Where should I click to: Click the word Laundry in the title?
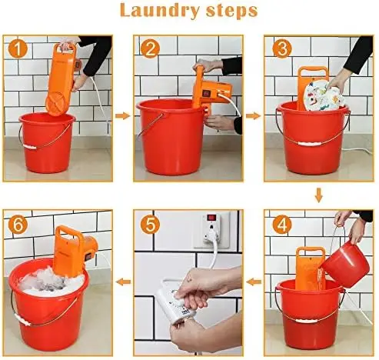click(x=159, y=11)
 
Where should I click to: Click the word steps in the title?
click(x=231, y=11)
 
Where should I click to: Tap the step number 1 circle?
click(x=18, y=48)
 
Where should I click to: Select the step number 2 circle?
click(x=150, y=48)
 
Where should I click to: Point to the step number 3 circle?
click(x=282, y=48)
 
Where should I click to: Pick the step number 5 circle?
click(x=150, y=225)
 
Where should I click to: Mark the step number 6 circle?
click(x=18, y=225)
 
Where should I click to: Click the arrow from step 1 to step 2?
click(x=123, y=115)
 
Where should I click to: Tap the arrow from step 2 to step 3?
click(x=253, y=116)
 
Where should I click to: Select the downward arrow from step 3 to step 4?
click(x=318, y=195)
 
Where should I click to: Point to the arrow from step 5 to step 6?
click(x=123, y=282)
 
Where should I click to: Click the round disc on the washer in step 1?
click(x=57, y=103)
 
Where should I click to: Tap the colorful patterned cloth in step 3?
click(x=323, y=96)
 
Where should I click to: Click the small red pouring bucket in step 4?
click(x=346, y=264)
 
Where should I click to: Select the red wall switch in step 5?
click(x=211, y=218)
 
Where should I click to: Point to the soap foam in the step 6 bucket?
click(x=52, y=283)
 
